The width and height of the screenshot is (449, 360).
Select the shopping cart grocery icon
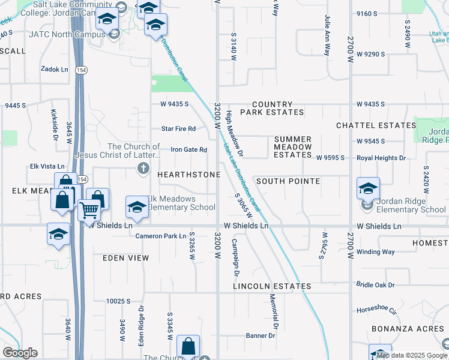pos(89,210)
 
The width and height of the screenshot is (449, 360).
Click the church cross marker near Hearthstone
pos(143,169)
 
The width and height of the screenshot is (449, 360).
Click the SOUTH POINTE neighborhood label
pos(288,181)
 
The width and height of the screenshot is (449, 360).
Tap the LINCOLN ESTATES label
pos(273,287)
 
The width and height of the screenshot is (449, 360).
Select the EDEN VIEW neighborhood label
pos(125,258)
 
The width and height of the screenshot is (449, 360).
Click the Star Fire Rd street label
pos(179,129)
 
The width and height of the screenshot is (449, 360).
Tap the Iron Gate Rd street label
pos(188,150)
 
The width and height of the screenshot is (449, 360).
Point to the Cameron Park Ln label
pos(160,236)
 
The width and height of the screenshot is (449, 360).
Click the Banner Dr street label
pos(260,335)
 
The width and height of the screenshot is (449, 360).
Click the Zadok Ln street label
pos(54,70)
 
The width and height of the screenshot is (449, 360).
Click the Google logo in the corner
pos(20,352)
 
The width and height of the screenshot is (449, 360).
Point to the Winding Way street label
pos(375,252)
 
